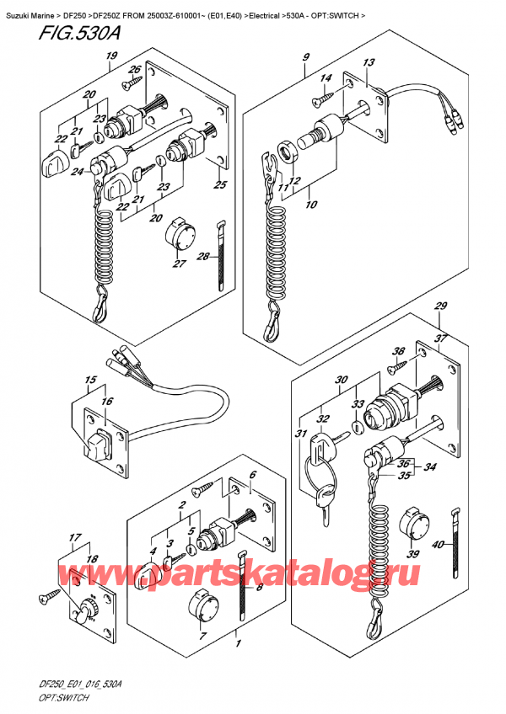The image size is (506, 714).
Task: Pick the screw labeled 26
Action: (129, 83)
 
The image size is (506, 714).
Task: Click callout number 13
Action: (369, 64)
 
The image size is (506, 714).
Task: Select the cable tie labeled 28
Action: (223, 246)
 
